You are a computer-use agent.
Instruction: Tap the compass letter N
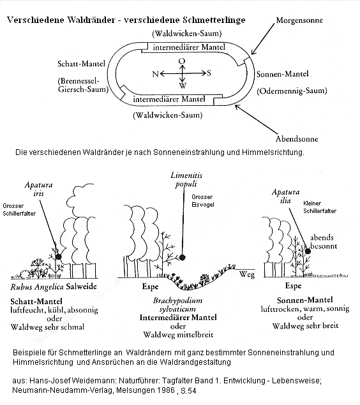pos(154,75)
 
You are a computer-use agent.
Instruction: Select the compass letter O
pos(182,61)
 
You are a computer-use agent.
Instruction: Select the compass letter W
pos(183,86)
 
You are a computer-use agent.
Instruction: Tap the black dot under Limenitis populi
pos(183,257)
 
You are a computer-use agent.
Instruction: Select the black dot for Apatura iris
pos(59,256)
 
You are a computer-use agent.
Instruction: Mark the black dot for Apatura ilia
pos(308,251)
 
